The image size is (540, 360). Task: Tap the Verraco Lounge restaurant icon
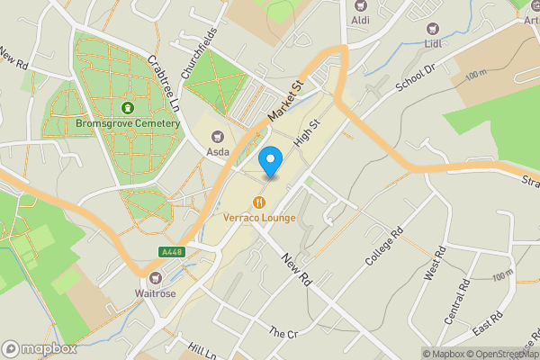click(259, 202)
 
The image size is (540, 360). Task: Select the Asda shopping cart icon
click(217, 137)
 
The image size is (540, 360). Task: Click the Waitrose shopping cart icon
click(157, 277)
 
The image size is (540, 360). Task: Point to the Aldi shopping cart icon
click(361, 4)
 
